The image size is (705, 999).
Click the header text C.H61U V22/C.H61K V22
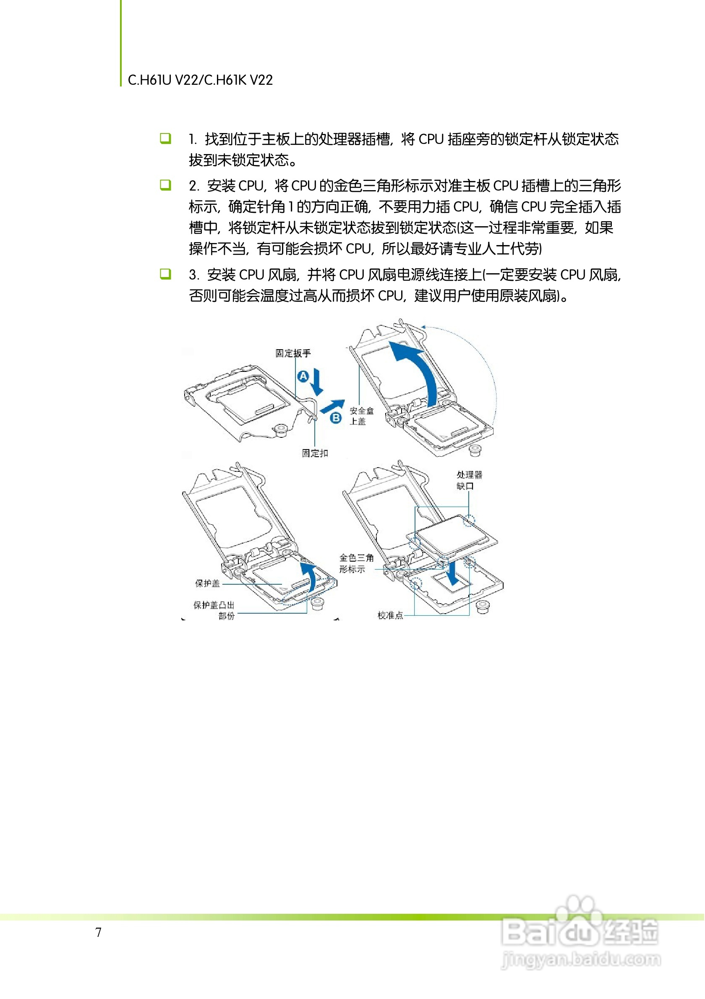pos(200,80)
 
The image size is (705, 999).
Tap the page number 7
pos(99,932)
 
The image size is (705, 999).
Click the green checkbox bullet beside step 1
pos(165,139)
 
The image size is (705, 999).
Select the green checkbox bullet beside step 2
pos(165,185)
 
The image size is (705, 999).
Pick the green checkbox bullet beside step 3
pos(165,274)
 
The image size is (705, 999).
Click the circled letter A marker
pos(303,376)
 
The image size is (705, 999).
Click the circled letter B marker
pos(336,418)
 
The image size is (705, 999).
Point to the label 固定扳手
pos(293,353)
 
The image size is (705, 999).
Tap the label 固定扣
pos(315,453)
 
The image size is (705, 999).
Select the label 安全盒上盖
pos(361,416)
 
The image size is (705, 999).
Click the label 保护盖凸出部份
pos(214,610)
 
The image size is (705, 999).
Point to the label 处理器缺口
pos(469,480)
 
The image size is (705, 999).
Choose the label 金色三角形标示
pos(356,563)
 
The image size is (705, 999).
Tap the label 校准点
pos(390,615)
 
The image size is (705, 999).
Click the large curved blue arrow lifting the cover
pos(418,370)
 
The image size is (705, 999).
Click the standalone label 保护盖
pos(207,583)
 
